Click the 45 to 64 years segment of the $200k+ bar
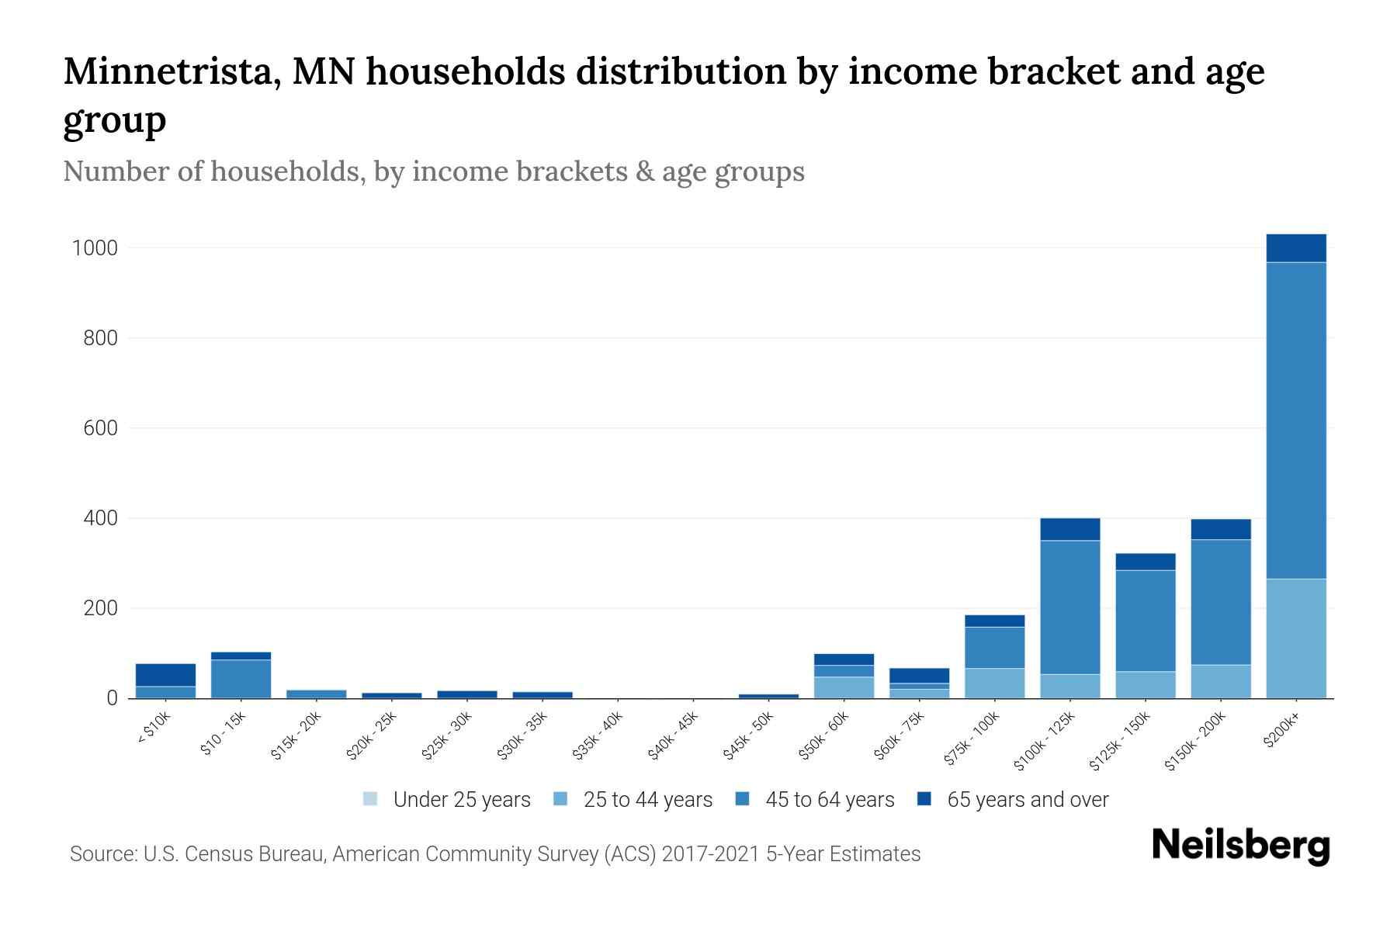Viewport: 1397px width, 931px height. [x=1296, y=420]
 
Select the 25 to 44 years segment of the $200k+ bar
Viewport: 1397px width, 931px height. [x=1296, y=638]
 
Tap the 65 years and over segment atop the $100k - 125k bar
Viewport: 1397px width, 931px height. [x=1069, y=529]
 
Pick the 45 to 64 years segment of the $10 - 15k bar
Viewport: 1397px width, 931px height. [x=241, y=678]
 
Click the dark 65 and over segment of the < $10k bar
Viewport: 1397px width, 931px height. [x=165, y=675]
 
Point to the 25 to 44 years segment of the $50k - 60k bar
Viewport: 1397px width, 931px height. [x=844, y=687]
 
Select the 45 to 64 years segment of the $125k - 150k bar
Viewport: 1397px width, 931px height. [x=1145, y=621]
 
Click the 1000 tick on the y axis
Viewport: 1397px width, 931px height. [x=95, y=248]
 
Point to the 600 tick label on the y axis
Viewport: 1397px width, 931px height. [x=100, y=428]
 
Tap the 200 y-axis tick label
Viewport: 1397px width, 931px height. [x=100, y=608]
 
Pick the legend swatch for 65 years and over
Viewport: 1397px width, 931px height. [x=924, y=799]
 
